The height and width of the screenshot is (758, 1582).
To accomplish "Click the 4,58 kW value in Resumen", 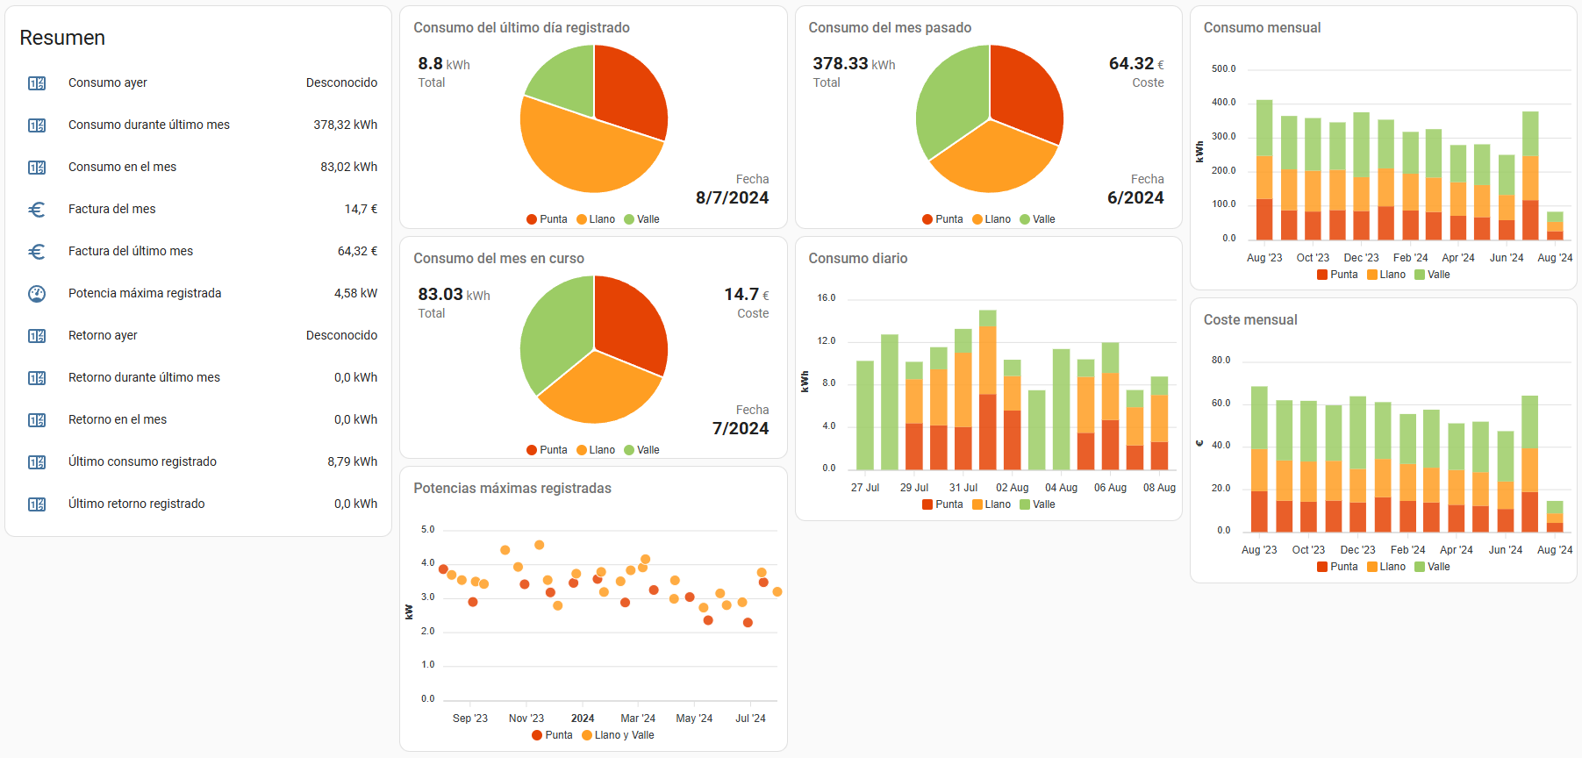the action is [355, 293].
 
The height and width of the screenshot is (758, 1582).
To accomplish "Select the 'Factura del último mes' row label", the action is [131, 251].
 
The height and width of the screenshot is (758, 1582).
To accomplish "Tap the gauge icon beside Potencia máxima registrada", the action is [37, 294].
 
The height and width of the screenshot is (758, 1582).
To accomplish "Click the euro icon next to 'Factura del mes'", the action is [37, 210].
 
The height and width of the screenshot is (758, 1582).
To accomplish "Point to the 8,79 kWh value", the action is [353, 461].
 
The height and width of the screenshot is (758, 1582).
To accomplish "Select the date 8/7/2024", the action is [732, 197].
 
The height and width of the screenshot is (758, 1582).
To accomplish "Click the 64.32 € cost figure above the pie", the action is [1136, 63].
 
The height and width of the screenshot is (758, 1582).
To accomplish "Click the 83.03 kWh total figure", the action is [454, 294].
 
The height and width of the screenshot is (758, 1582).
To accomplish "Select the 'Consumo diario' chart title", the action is [858, 258].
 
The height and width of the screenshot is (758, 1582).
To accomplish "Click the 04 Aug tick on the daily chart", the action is [1061, 488].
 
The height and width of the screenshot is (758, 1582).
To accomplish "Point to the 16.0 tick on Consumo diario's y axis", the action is [827, 298].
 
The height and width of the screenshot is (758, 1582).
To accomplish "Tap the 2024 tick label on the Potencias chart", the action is [583, 719].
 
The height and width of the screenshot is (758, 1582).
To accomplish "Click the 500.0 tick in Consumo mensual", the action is [1223, 68].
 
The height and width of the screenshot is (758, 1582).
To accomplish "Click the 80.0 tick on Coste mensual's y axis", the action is [1221, 361].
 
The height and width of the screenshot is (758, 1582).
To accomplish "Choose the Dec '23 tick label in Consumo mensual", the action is [1361, 258].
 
